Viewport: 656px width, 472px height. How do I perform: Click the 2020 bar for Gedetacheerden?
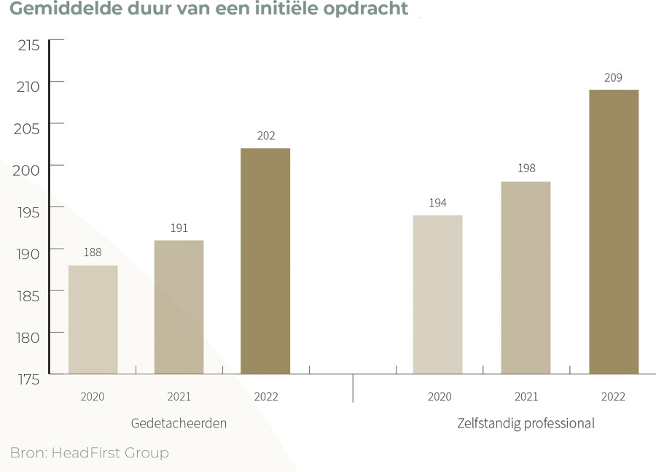(x=93, y=320)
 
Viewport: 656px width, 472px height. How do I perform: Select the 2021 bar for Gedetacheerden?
(x=179, y=307)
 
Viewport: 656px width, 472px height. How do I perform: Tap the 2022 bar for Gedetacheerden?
(x=265, y=261)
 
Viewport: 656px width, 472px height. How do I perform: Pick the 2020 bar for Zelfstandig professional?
(x=437, y=295)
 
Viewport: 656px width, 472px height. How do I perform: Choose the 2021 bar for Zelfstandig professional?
(x=526, y=278)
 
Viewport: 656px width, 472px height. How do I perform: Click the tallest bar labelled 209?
(x=614, y=232)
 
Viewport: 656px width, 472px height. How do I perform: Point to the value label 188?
(x=93, y=252)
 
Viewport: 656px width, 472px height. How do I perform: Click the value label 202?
(x=265, y=136)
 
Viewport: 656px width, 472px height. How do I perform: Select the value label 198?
(x=526, y=169)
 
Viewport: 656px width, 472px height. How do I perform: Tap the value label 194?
(x=437, y=203)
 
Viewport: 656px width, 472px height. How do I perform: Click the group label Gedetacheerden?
(x=179, y=423)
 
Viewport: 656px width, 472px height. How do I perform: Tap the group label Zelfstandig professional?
(x=526, y=423)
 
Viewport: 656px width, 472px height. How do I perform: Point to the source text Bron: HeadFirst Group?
(x=89, y=453)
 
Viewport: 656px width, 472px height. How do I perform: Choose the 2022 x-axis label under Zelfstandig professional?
(x=614, y=397)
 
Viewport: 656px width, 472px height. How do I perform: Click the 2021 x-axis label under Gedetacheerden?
(x=179, y=397)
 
